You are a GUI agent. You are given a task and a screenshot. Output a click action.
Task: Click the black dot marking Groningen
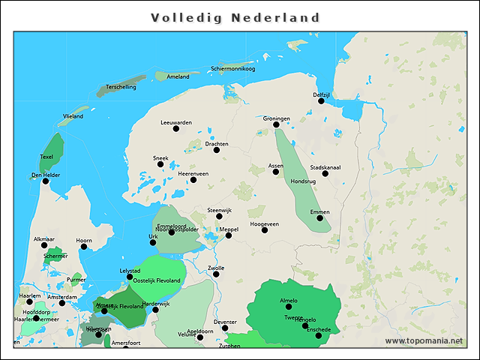point(276,125)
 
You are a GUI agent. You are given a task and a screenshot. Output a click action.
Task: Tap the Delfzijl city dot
point(321,101)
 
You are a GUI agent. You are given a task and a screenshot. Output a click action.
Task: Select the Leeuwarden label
point(176,121)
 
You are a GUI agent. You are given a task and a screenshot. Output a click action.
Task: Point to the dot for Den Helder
point(45,181)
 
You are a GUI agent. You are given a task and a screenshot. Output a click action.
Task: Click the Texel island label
point(46,157)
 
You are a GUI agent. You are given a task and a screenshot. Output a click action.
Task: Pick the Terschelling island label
point(121,87)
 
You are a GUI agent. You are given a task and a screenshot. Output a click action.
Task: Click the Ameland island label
point(178,76)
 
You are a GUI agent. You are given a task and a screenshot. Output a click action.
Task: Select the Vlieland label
point(73,116)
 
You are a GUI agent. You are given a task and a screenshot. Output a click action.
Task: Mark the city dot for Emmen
point(319,218)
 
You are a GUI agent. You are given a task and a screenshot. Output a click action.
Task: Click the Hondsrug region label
point(302,181)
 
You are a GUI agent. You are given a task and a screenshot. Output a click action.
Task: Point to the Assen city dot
point(275,172)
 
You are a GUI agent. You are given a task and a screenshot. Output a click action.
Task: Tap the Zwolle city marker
point(216,274)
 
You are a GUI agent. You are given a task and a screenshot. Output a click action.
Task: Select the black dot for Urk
point(153,242)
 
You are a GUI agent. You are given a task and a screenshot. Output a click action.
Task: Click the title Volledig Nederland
point(235,17)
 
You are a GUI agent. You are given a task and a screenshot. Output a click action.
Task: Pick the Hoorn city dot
point(84,247)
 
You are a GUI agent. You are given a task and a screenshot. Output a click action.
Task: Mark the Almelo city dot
point(288,307)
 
